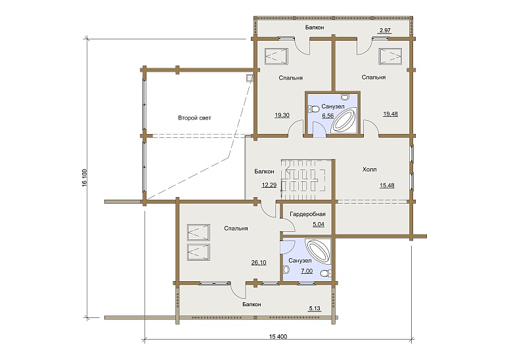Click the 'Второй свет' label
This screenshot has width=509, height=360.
coord(194,118)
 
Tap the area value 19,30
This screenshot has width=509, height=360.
coord(282,115)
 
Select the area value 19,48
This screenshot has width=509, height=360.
coord(390,114)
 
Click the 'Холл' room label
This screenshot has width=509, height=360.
coord(369,169)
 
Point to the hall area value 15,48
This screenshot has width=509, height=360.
coord(387,185)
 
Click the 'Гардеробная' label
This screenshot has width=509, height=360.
coord(307,214)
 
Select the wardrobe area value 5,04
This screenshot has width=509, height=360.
coord(319,224)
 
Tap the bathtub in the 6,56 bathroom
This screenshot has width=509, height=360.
coord(343,122)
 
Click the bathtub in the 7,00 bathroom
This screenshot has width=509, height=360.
coord(319,250)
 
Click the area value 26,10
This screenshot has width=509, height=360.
coord(259,262)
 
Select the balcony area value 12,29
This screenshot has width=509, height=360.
coord(269,185)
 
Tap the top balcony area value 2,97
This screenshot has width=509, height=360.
coord(385,30)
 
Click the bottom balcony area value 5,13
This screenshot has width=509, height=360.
coord(315,308)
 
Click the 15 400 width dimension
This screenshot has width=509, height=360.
coord(278,336)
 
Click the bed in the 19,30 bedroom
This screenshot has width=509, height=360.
coord(277,56)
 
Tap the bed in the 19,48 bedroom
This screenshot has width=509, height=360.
coord(390,56)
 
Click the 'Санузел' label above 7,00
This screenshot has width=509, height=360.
coord(300,261)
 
